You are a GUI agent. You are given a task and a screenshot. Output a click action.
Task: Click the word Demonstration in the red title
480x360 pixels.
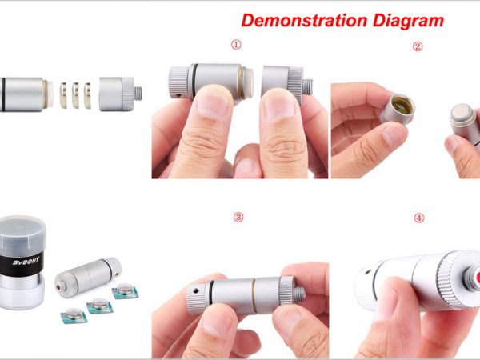point(304,21)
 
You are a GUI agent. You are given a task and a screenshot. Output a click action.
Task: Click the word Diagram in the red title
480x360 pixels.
point(408,22)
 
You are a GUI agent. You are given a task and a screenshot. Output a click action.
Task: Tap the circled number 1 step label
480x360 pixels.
point(236,45)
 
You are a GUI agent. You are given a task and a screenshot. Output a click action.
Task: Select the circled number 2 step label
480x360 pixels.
point(418,46)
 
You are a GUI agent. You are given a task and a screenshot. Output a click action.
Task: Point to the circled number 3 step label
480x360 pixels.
point(238,218)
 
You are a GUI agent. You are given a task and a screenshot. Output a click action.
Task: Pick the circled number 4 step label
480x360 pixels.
point(418,218)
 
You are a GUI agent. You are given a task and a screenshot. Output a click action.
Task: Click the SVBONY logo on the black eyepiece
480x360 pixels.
point(26,262)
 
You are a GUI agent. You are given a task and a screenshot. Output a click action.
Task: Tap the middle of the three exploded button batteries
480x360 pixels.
point(75,95)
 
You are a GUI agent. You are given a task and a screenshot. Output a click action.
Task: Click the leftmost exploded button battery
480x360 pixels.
point(63,95)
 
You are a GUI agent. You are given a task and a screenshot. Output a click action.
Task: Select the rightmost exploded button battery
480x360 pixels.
point(87,95)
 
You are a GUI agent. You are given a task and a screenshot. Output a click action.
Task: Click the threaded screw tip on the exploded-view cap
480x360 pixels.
point(138,94)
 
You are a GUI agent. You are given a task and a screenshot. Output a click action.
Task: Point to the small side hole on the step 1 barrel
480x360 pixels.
point(179,95)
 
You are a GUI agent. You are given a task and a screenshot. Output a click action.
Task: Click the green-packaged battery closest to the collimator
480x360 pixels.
point(125,290)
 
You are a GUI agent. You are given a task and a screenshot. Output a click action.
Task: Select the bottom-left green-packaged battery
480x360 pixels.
point(74,315)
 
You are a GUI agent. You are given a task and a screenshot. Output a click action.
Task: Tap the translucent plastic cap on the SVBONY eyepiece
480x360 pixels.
point(22,234)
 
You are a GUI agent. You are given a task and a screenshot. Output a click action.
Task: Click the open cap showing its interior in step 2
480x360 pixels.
point(397,109)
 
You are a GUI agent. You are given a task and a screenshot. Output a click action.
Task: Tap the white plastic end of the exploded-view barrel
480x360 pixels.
point(50,94)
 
